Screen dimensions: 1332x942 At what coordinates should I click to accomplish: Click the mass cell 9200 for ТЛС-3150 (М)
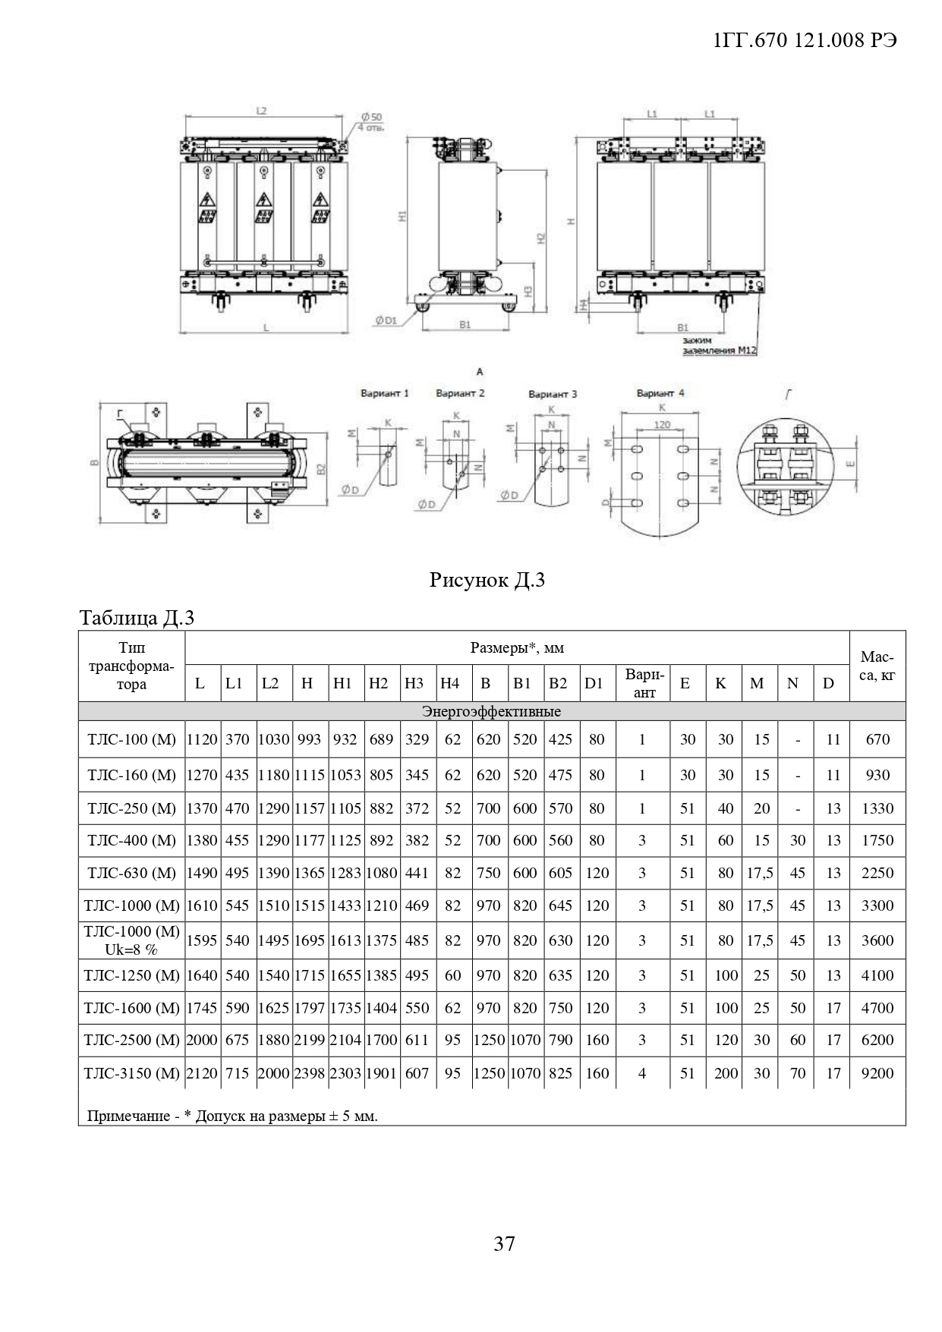(x=877, y=1073)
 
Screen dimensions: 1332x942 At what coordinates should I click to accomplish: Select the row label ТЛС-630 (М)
(x=131, y=873)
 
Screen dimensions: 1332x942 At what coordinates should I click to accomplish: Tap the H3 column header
(x=414, y=683)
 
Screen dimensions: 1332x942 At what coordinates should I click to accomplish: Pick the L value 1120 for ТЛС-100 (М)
(x=202, y=739)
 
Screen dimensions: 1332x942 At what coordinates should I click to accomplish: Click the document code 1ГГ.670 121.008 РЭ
(x=805, y=41)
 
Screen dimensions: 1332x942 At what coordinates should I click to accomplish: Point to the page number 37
(x=504, y=1244)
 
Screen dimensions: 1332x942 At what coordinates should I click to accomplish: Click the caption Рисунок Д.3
(x=487, y=581)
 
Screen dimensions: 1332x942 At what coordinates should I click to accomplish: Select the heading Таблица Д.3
(x=137, y=618)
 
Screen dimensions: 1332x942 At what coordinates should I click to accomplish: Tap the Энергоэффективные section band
(x=491, y=711)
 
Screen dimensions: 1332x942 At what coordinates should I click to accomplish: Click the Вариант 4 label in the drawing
(x=660, y=393)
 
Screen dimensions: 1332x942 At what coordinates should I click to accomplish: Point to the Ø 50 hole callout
(x=372, y=121)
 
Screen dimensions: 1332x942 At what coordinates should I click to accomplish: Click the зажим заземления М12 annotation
(x=718, y=346)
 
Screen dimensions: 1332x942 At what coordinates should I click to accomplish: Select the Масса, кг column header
(x=877, y=666)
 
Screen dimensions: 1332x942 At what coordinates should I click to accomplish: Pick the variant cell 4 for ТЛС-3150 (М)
(x=642, y=1073)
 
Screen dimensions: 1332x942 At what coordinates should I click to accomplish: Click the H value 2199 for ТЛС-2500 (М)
(x=309, y=1040)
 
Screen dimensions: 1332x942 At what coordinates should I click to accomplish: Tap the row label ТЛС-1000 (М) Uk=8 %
(x=131, y=940)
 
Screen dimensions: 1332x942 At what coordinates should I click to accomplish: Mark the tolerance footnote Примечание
(x=232, y=1116)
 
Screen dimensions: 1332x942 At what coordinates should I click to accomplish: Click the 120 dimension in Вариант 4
(x=662, y=424)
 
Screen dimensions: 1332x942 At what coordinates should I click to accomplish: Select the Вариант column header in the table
(x=644, y=683)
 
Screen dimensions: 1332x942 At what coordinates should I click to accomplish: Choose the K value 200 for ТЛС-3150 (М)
(x=726, y=1073)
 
